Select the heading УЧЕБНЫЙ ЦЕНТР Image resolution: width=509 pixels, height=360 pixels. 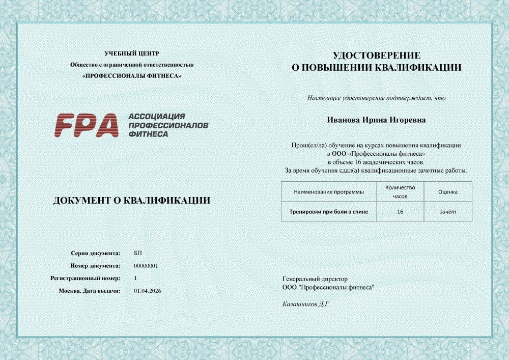point(132,53)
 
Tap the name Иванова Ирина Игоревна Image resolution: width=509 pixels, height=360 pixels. point(376,120)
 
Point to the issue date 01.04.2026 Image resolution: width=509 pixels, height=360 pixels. point(147,290)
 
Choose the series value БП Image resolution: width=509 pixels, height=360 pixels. point(138,253)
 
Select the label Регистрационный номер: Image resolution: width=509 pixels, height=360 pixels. point(86,278)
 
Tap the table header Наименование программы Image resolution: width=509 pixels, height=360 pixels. point(329,192)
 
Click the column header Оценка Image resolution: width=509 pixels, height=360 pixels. point(447,192)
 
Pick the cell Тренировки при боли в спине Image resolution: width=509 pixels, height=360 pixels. point(329,211)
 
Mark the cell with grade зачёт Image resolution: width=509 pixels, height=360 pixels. point(447,211)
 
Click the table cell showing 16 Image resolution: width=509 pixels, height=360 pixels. point(400,211)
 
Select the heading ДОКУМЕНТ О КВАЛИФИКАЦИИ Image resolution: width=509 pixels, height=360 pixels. point(132,201)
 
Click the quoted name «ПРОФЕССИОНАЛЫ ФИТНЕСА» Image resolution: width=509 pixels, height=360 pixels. point(132,76)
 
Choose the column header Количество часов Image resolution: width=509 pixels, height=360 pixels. point(400,191)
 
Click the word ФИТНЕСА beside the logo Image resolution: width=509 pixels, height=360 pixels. point(148,133)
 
